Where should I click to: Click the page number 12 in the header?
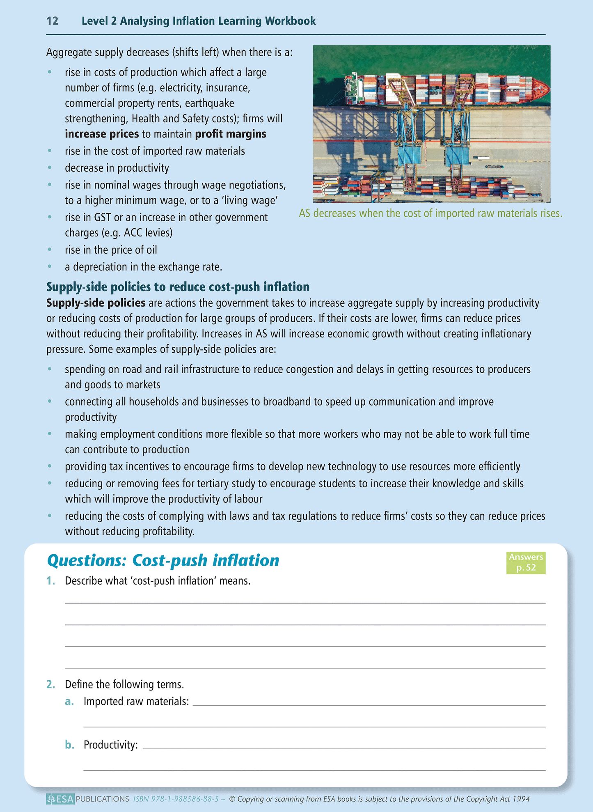coord(52,21)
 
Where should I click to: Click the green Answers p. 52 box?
coord(526,562)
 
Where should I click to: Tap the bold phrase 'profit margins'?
coord(231,134)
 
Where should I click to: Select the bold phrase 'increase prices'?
coord(102,134)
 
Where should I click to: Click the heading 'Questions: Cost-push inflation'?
coord(163,560)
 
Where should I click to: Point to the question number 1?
coord(51,581)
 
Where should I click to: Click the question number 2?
coord(51,684)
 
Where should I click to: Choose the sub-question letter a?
coord(69,702)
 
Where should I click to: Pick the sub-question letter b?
coord(70,745)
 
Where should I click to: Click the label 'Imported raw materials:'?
coord(136,702)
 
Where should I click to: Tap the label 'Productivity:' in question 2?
coord(111,745)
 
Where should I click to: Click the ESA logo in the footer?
coord(60,799)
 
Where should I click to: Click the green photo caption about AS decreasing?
coord(430,213)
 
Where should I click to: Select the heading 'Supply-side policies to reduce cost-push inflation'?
coord(178,287)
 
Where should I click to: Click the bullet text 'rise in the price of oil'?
coord(111,250)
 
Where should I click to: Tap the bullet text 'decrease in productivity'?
coord(117,168)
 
